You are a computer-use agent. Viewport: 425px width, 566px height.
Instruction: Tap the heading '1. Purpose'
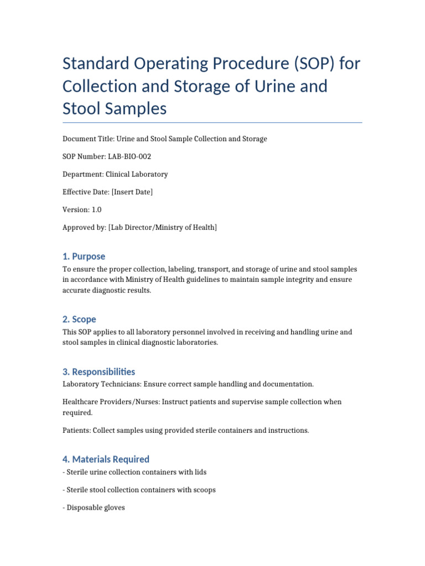(x=84, y=256)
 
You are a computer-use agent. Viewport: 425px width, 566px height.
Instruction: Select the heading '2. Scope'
(x=79, y=319)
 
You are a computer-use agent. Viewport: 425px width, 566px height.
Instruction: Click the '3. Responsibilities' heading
(x=99, y=372)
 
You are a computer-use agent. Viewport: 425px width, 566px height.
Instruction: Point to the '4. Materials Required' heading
(x=106, y=459)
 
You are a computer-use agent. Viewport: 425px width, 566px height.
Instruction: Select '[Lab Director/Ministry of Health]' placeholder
(x=162, y=227)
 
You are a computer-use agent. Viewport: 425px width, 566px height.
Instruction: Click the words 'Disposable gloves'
(x=96, y=507)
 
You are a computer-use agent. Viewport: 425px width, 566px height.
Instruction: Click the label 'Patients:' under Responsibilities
(x=76, y=430)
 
